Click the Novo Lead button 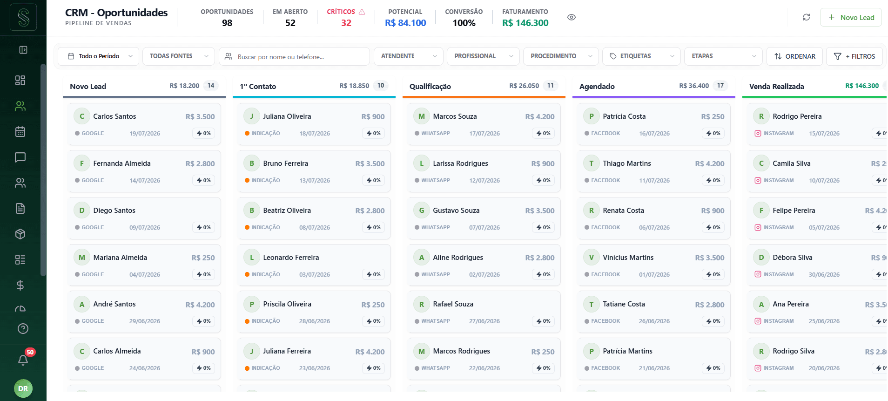[x=851, y=17]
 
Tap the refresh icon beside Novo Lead [x=807, y=17]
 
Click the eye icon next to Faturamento [x=572, y=17]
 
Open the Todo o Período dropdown [x=99, y=56]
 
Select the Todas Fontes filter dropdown [x=179, y=56]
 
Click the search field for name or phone [x=295, y=56]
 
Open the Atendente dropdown [x=409, y=56]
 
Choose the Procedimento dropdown [x=561, y=56]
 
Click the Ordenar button [x=794, y=56]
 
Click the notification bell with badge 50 [x=23, y=360]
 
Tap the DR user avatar [x=23, y=388]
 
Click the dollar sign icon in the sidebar [x=20, y=285]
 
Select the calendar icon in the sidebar [x=20, y=132]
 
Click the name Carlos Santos [x=114, y=116]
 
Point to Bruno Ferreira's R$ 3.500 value [x=370, y=164]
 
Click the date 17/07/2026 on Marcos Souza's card [x=484, y=134]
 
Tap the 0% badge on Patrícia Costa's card [x=713, y=134]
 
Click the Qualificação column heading [x=430, y=87]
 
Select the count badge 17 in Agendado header [x=720, y=86]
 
